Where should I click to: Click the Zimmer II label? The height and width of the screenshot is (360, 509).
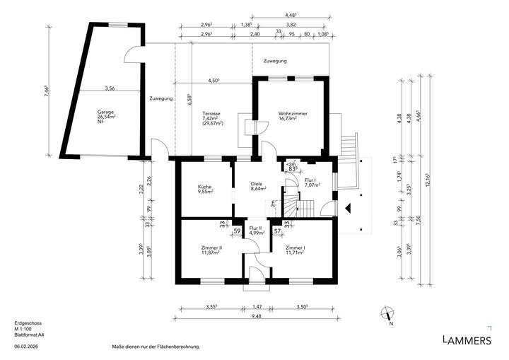[x=211, y=248]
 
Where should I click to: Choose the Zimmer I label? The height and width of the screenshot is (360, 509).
[x=295, y=248]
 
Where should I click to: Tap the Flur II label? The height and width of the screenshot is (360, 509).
[x=256, y=228]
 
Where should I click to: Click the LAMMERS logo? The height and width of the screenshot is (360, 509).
[x=466, y=340]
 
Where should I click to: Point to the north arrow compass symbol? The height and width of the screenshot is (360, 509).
[x=387, y=314]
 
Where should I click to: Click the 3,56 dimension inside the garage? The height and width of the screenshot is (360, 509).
[x=110, y=88]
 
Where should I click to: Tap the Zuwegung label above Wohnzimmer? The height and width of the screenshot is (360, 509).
[x=275, y=62]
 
